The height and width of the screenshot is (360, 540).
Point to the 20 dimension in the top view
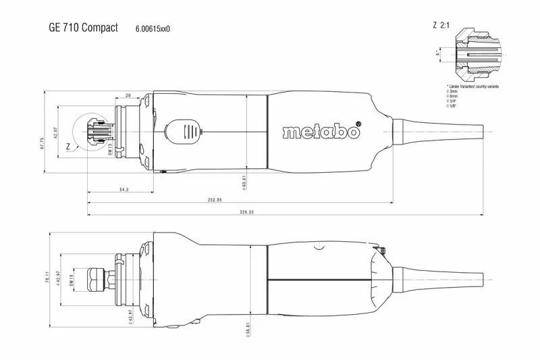coord(128,97)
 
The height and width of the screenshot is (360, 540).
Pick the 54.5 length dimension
coord(124,190)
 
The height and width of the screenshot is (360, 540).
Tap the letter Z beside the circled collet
coord(67,145)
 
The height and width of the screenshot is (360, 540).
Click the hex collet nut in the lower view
coord(94,278)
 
